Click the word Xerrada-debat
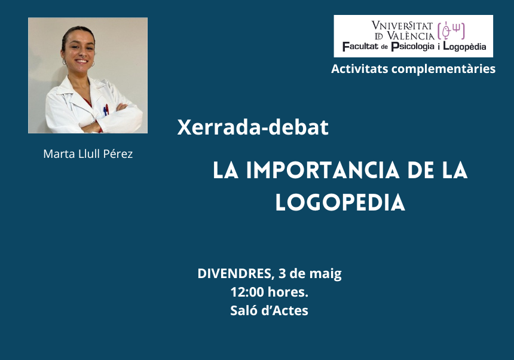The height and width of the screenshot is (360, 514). click(x=253, y=127)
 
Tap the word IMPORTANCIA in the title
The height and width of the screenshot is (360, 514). click(x=323, y=170)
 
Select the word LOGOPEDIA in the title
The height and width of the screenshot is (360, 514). click(x=340, y=202)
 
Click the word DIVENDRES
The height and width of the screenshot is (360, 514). click(x=234, y=273)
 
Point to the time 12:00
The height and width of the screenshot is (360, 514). click(x=247, y=292)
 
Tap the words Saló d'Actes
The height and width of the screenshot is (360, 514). click(x=269, y=310)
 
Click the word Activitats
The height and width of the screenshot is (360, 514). click(x=360, y=69)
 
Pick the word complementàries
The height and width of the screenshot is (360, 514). click(x=443, y=69)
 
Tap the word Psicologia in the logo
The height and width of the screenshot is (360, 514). click(x=413, y=47)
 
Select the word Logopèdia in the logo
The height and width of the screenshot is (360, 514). click(x=464, y=47)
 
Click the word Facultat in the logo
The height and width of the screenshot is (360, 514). click(x=360, y=46)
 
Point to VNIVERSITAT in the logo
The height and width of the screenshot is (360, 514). click(x=402, y=26)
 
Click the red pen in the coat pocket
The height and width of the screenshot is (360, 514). click(x=107, y=109)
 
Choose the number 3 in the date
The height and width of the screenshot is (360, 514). click(x=282, y=273)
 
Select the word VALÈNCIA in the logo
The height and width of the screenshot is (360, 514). click(x=411, y=35)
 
